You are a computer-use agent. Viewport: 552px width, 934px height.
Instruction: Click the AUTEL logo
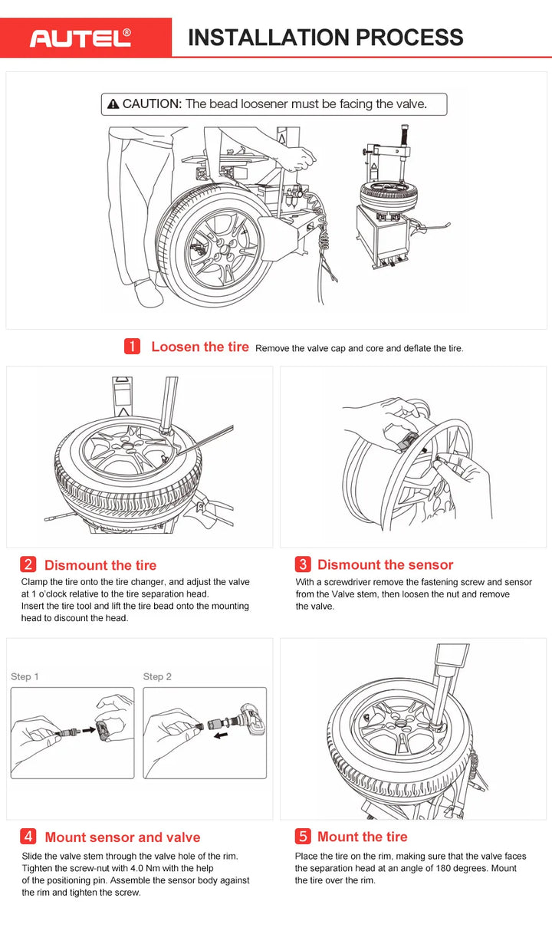click(80, 38)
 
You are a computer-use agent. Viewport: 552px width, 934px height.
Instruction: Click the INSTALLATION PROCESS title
click(325, 38)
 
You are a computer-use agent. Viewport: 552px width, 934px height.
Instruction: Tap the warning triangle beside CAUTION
click(113, 104)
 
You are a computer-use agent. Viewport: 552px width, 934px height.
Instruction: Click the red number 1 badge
click(132, 347)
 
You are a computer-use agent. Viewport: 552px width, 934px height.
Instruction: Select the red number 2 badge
click(28, 565)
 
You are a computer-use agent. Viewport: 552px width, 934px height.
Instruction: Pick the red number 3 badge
click(303, 565)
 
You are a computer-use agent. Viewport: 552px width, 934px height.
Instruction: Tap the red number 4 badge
click(28, 837)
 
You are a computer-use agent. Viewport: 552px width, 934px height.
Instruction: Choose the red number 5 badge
click(303, 837)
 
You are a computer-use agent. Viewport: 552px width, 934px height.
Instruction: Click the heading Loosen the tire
click(199, 347)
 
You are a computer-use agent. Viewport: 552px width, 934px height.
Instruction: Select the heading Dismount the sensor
click(385, 565)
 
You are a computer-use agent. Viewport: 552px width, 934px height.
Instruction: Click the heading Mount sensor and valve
click(122, 837)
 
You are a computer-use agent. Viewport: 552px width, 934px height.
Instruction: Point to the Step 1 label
click(25, 676)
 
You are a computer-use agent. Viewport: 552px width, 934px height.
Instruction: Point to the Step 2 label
click(157, 676)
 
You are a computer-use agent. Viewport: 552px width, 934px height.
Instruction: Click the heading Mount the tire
click(362, 837)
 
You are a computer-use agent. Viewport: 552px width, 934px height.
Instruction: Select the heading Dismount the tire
click(100, 565)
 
